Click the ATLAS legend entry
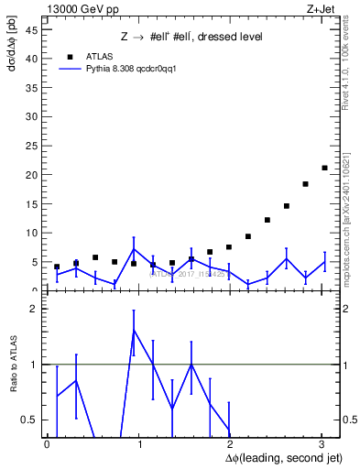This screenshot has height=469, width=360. point(98,56)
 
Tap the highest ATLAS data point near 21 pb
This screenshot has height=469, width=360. point(324,168)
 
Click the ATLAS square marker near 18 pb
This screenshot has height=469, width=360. point(305,184)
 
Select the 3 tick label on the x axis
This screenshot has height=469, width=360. point(322,443)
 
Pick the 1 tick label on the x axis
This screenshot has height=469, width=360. point(139,443)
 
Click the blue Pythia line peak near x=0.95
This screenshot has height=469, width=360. point(134,249)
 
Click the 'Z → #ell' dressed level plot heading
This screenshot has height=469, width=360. point(191,37)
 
